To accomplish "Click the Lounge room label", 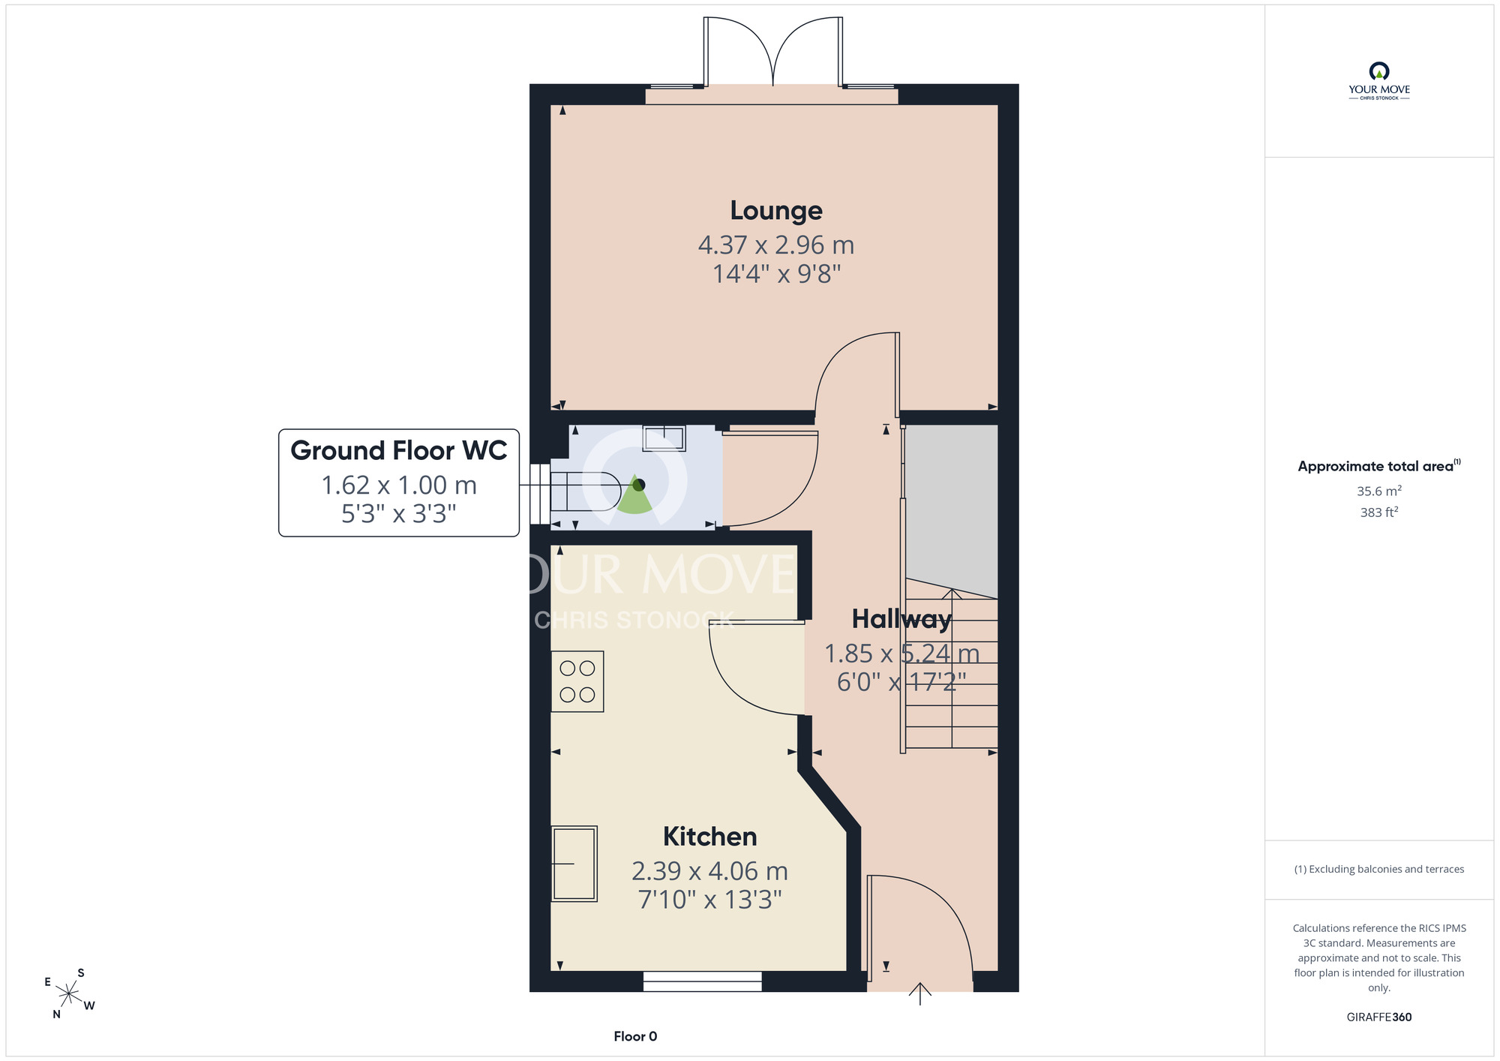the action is point(776,211).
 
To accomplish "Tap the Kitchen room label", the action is point(709,836).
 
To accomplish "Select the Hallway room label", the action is point(901,619).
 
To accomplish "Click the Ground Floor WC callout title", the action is point(399,450).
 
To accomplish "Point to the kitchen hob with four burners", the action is point(577,681).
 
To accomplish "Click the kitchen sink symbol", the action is point(574,864).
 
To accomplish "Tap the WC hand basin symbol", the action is point(664,437).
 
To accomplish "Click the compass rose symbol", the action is point(69,994).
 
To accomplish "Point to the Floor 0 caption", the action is point(635,1036).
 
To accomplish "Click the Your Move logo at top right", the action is point(1378,81).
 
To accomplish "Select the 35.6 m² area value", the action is point(1378,491).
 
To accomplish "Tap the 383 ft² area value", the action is point(1378,512).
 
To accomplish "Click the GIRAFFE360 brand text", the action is point(1378,1017).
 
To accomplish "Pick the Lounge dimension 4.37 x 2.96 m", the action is point(776,245).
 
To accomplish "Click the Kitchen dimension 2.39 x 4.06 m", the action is point(709,871).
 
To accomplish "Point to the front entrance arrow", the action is point(920,993).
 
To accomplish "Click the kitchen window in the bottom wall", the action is point(703,981).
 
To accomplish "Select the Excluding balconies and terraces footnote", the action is point(1378,869).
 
